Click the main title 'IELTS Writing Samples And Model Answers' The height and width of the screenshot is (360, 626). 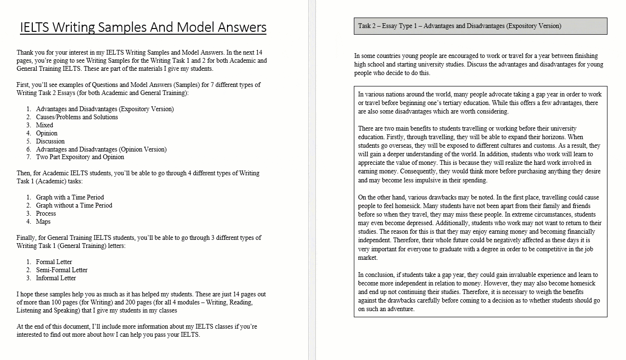[x=143, y=27]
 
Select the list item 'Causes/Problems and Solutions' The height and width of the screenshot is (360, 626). [x=77, y=117]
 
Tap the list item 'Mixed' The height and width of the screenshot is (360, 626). [x=45, y=125]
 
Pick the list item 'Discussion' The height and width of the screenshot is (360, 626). [x=50, y=141]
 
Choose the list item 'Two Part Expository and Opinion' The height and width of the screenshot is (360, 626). [x=80, y=157]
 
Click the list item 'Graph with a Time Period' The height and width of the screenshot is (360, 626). [x=70, y=197]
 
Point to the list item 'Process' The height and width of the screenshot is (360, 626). [x=46, y=213]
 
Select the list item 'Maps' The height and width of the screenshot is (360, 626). [x=43, y=221]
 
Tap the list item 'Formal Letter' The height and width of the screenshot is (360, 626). [x=54, y=262]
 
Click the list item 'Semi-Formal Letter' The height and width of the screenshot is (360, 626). [x=62, y=270]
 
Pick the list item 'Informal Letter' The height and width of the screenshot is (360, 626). [x=56, y=278]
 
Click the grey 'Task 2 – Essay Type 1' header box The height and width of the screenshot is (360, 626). [x=480, y=26]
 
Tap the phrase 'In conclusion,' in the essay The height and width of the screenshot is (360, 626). [x=377, y=275]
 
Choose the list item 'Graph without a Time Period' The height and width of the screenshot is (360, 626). [x=74, y=205]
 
